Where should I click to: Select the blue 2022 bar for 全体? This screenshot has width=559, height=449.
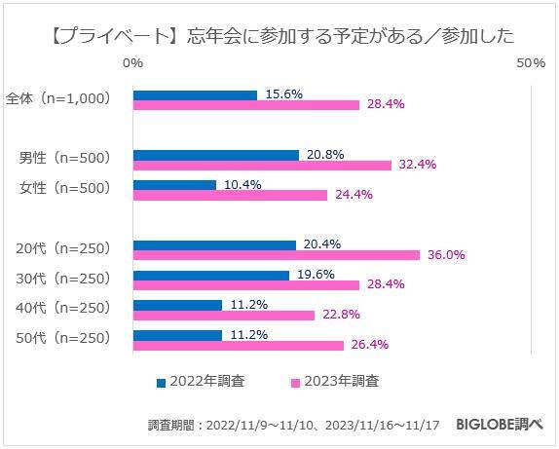tap(195, 94)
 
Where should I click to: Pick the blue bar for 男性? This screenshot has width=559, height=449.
tap(215, 154)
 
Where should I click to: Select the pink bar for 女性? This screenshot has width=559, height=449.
tap(230, 194)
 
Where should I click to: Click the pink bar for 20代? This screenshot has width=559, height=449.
tap(276, 254)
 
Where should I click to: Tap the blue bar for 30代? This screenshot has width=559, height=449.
tap(210, 275)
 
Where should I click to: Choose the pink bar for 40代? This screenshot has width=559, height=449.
tap(223, 315)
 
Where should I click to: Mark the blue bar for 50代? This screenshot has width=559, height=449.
tap(177, 335)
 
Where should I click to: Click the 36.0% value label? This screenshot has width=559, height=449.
tap(445, 255)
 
